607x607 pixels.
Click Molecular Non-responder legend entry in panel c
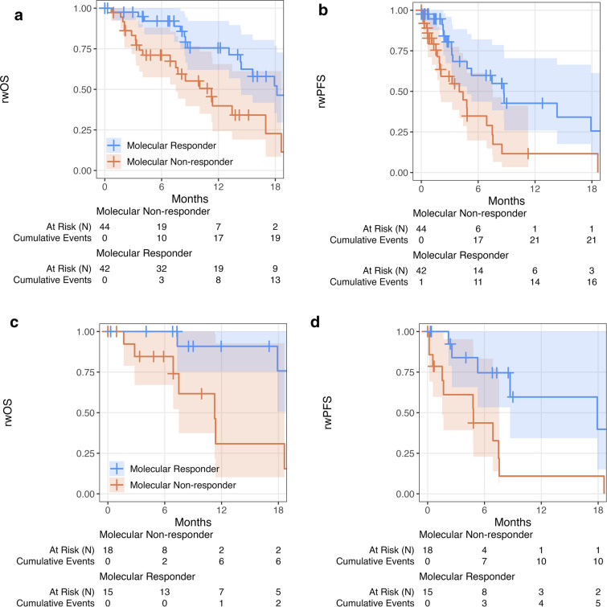point(182,485)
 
